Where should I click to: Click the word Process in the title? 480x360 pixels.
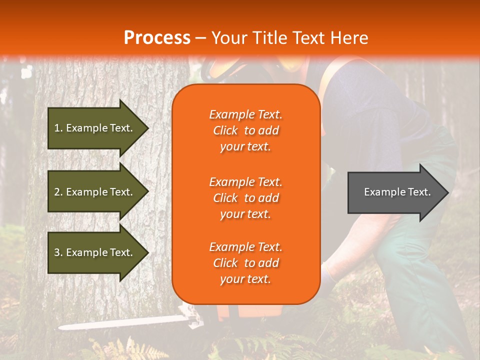(157, 37)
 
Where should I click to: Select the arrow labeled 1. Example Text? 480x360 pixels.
(95, 128)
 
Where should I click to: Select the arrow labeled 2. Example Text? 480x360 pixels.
(95, 192)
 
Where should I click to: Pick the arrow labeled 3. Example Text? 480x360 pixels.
(95, 252)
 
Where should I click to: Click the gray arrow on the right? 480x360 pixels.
(395, 192)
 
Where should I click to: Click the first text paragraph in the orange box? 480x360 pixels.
(245, 130)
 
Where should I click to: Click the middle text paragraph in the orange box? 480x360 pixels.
(245, 198)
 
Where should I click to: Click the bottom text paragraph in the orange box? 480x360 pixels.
(245, 263)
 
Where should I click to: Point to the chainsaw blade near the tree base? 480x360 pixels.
(125, 322)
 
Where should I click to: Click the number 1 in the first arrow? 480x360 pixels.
(56, 128)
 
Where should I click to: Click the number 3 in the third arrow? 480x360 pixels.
(56, 252)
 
